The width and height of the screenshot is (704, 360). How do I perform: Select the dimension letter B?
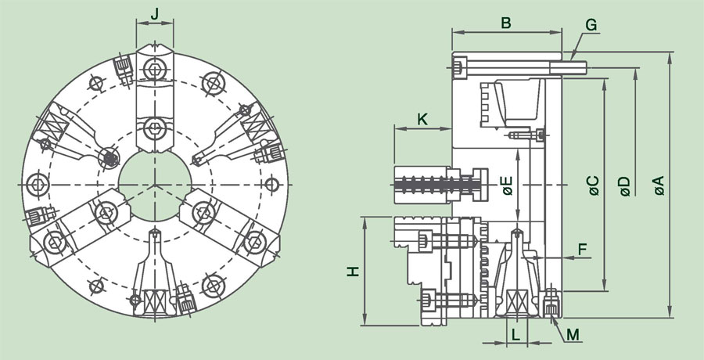point(506,23)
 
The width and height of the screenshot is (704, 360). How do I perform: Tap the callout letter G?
point(591,24)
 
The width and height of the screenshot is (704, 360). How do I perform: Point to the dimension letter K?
point(422,119)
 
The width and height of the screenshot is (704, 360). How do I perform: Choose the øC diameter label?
point(592,185)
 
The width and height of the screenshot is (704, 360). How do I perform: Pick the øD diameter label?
point(624,185)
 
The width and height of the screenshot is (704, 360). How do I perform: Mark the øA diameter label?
point(659,185)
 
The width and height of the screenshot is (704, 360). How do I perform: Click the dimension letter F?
point(581,249)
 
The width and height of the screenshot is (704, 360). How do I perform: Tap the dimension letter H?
point(354,271)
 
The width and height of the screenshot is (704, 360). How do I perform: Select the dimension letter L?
point(515,334)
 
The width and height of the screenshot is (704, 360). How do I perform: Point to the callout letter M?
point(573,334)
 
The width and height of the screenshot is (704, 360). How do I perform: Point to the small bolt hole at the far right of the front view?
point(271,184)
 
